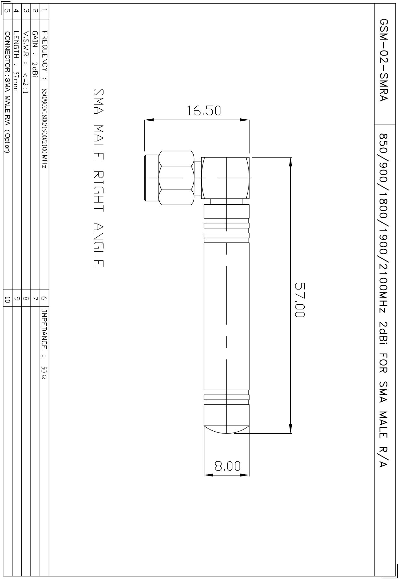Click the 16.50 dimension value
pos(204,111)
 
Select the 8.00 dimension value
pos(227,466)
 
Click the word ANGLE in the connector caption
pos(98,245)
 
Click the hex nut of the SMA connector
pos(176,177)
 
